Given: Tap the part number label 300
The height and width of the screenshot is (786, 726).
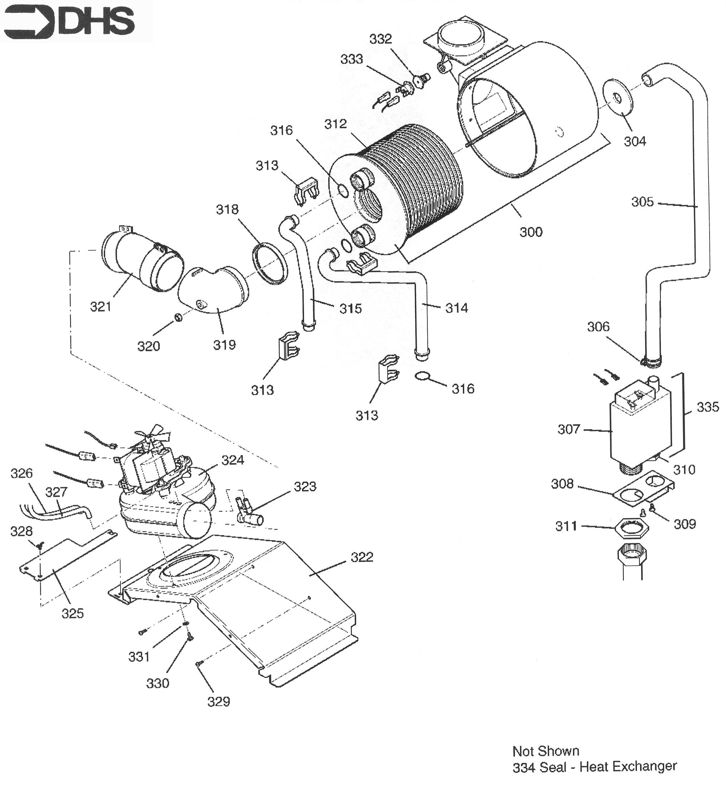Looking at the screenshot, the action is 531,232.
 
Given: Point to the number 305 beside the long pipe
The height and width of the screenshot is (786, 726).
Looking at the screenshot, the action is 642,202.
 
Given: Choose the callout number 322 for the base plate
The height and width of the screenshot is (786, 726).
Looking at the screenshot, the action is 362,557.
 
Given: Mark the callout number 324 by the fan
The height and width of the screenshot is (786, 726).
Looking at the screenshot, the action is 232,460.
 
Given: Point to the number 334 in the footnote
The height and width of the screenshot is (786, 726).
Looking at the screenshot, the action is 524,767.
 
